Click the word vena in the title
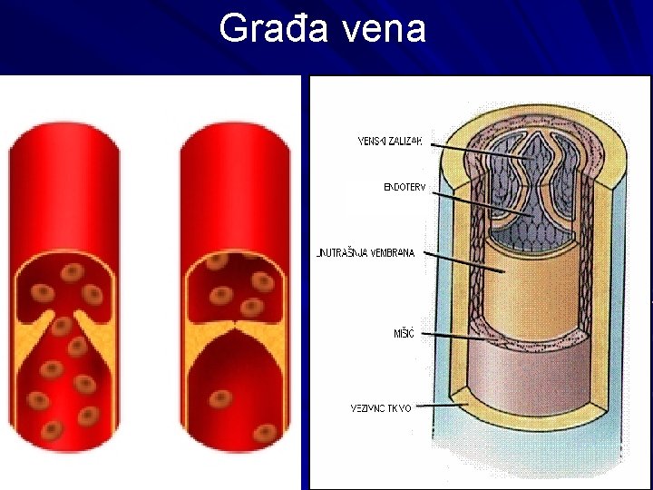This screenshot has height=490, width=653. pos(385,29)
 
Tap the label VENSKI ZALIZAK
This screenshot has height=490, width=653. pos(391,141)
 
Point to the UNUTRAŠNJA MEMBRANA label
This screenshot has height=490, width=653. pos(365,253)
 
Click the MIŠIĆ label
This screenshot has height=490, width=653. pos(403,334)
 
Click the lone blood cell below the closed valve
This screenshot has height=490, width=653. pos(221,398)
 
